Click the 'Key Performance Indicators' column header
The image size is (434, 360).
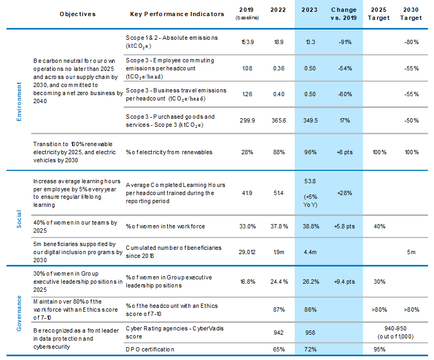177,14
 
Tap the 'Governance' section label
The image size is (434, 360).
19,310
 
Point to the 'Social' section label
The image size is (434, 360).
19,214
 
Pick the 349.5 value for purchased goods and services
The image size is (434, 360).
309,120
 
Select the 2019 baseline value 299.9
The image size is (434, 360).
247,120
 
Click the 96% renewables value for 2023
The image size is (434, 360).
309,152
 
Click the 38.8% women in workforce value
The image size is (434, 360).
309,226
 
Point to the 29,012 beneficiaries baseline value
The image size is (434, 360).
247,251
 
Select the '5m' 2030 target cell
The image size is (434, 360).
412,251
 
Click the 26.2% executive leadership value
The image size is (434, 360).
309,280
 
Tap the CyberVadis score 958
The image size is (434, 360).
309,332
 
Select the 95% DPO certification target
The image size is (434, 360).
380,349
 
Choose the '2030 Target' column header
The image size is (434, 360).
412,14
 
